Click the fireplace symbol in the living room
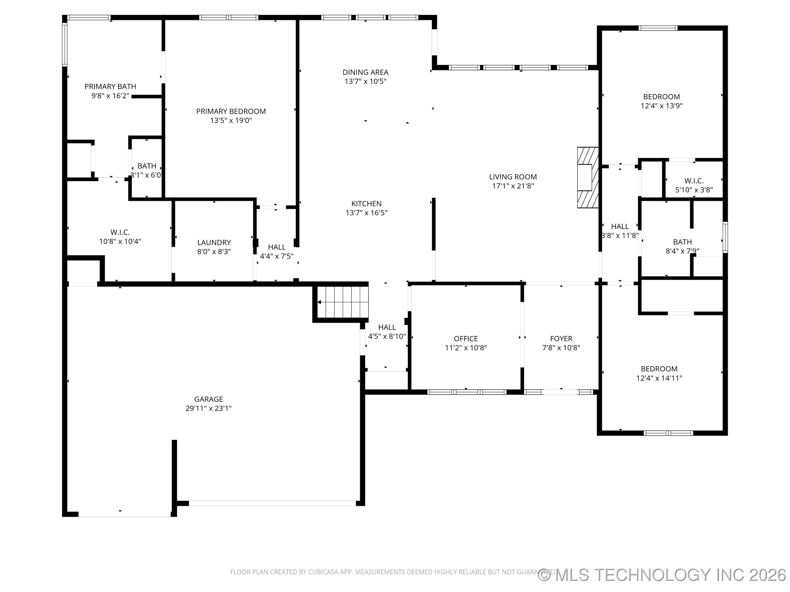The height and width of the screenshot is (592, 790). click(588, 177)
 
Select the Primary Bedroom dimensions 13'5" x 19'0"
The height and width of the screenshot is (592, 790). click(231, 121)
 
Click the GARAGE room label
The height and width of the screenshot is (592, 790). click(208, 399)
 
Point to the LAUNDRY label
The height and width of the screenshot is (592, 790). click(214, 243)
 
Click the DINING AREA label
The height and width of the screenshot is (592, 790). click(365, 72)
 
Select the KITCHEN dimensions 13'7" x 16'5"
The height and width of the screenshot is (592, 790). click(366, 213)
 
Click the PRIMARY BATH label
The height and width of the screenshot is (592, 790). click(110, 87)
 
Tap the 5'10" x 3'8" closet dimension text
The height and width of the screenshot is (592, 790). click(694, 190)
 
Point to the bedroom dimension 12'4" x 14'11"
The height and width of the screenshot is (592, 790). click(659, 378)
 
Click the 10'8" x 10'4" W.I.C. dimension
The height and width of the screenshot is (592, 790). click(120, 241)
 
